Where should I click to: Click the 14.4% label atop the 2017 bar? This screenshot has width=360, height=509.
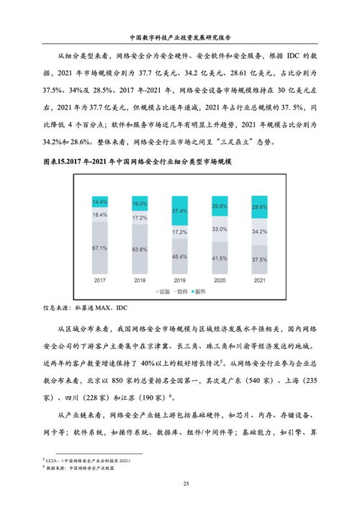pos(99,202)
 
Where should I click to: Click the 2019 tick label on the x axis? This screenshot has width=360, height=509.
pos(179,279)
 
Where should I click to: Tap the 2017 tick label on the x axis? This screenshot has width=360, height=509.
pos(99,279)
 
